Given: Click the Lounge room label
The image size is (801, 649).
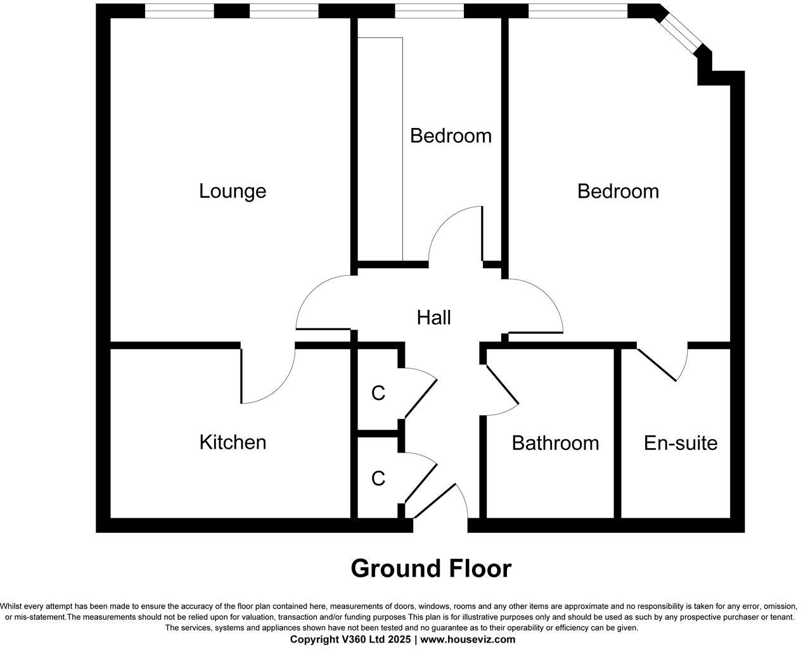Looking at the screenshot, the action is tap(233, 191).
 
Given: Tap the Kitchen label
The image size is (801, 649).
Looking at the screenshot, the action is tap(233, 442).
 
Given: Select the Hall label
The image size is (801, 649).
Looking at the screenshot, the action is tap(433, 318).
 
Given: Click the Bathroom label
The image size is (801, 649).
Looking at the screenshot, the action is tap(555, 443).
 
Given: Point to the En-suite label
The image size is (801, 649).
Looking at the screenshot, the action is tap(681, 443).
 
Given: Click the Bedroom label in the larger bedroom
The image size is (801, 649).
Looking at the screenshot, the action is tap(618, 191).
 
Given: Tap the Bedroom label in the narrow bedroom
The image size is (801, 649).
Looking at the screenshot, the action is tap(451, 136).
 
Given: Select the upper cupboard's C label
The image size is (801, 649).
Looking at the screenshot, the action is tap(378, 394).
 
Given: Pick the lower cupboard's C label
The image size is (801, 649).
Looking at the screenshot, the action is tap(378, 479).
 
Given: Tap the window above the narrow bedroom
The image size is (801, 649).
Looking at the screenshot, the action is tap(429, 11).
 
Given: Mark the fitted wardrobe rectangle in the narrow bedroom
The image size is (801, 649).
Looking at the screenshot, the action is tap(380, 149).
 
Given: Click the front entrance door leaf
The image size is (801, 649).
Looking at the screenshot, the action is tap(434, 501).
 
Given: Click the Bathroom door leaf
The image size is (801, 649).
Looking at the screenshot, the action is tap(503, 384).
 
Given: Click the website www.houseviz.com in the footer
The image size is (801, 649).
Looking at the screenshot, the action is tap(468, 639).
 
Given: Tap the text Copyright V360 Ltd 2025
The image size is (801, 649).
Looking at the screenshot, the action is tap(350, 639).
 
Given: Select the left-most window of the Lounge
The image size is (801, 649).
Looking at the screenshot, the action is tap(179, 11).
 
